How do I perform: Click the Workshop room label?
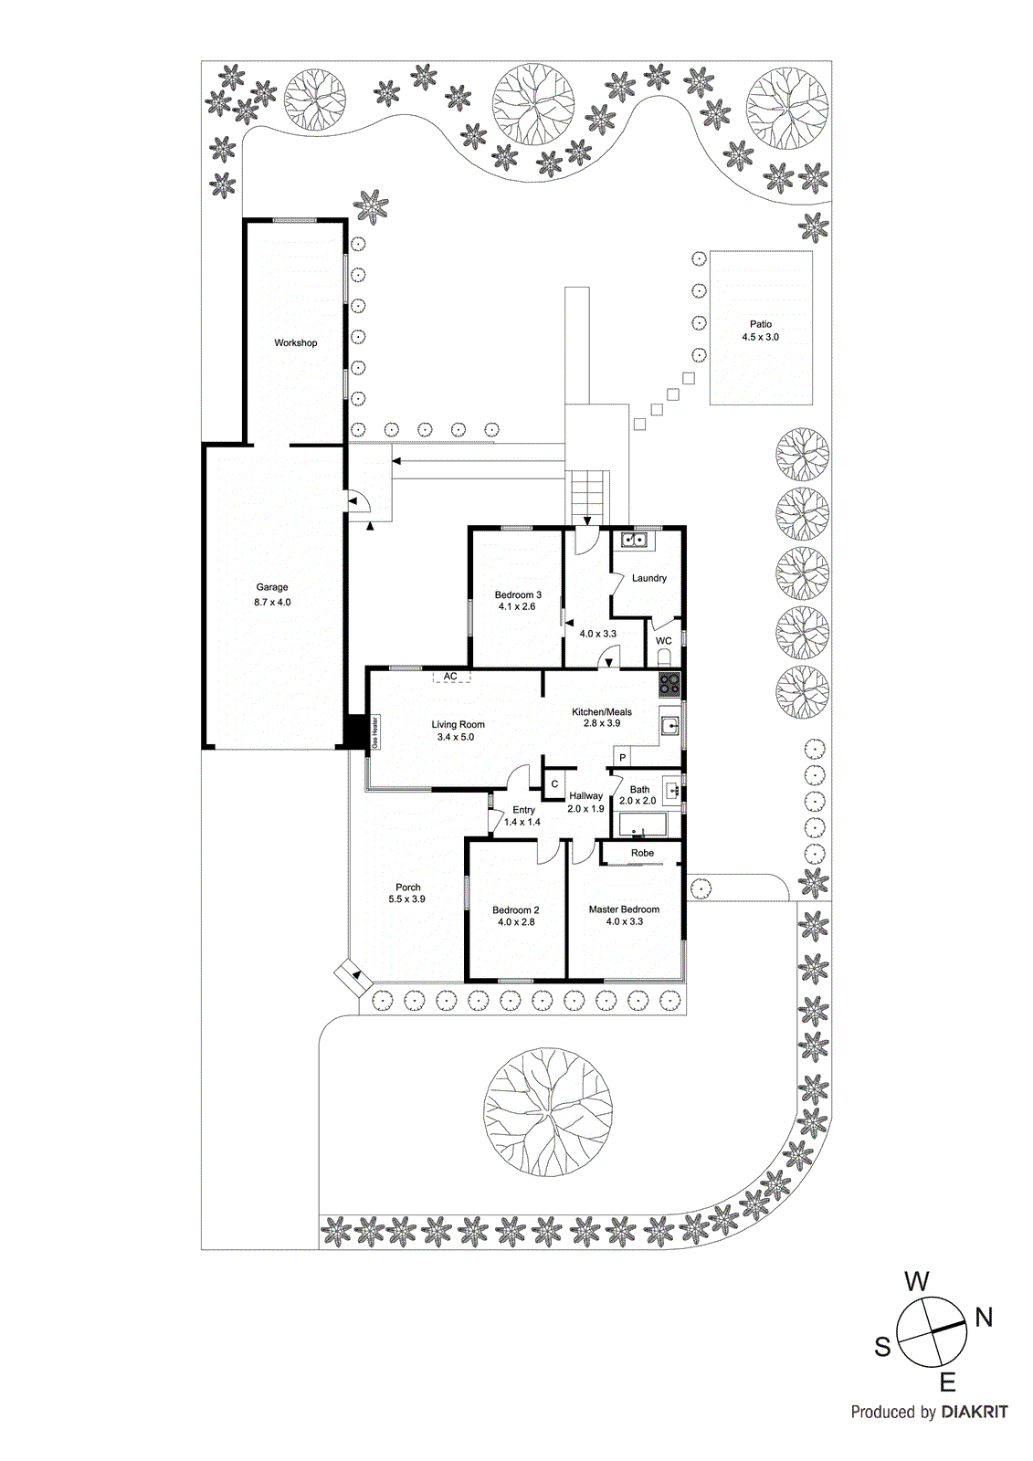[295, 343]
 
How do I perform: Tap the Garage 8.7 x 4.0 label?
[272, 594]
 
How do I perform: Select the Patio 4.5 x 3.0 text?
[760, 331]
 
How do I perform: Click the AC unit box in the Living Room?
[451, 677]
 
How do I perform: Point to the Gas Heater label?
[375, 732]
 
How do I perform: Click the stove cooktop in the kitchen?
[669, 684]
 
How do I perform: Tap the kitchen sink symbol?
[670, 727]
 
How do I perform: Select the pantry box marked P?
[622, 758]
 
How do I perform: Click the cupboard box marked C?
[554, 784]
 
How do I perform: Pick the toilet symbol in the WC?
[664, 657]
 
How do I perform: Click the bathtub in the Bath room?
[643, 827]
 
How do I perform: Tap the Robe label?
[642, 853]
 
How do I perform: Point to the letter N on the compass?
[983, 1317]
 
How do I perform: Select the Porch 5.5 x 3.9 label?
[407, 893]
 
